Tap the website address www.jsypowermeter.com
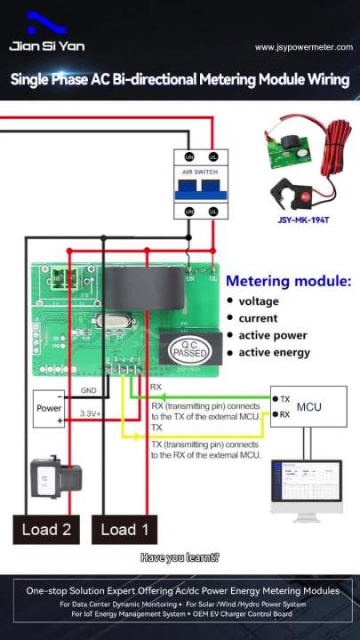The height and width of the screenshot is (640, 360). coord(301,47)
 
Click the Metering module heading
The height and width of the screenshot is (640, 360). coord(287,281)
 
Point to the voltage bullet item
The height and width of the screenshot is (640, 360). coord(258,301)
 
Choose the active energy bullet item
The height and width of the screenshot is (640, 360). coord(274,352)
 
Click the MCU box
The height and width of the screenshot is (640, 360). coord(308,407)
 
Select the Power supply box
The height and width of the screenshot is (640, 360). coord(49,409)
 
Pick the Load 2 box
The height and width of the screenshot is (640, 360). coord(46,530)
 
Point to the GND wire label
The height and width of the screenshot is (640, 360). coord(89,390)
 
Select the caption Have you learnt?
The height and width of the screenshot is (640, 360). coord(180,558)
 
